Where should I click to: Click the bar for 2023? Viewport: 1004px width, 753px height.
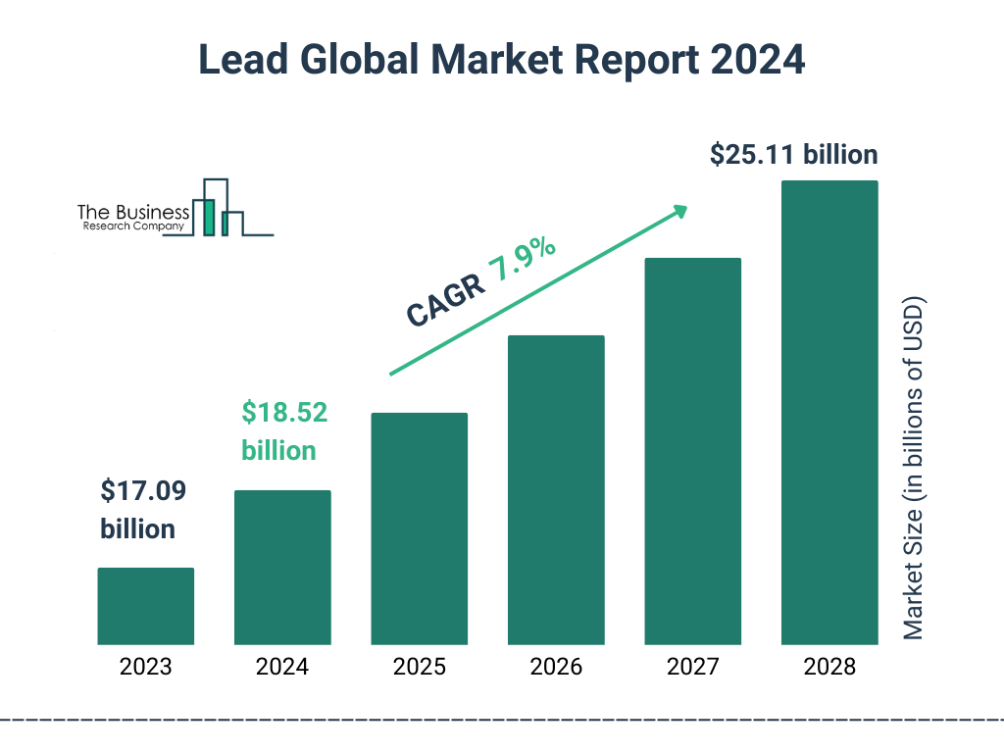click(145, 606)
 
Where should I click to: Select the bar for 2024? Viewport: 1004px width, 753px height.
click(282, 567)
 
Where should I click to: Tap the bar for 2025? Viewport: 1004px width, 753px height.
click(419, 528)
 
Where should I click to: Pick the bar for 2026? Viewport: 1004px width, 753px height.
click(556, 490)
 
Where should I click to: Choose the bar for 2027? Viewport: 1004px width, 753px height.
click(692, 451)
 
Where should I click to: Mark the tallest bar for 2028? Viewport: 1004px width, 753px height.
click(829, 413)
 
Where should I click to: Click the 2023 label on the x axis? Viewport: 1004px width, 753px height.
click(145, 668)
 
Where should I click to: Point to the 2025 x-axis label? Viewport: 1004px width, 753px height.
click(419, 668)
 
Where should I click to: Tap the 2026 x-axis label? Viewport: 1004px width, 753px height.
click(556, 668)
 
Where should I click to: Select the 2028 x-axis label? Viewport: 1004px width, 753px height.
click(829, 668)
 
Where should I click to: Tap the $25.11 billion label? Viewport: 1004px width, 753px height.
click(793, 155)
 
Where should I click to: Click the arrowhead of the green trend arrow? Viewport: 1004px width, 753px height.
click(678, 211)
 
